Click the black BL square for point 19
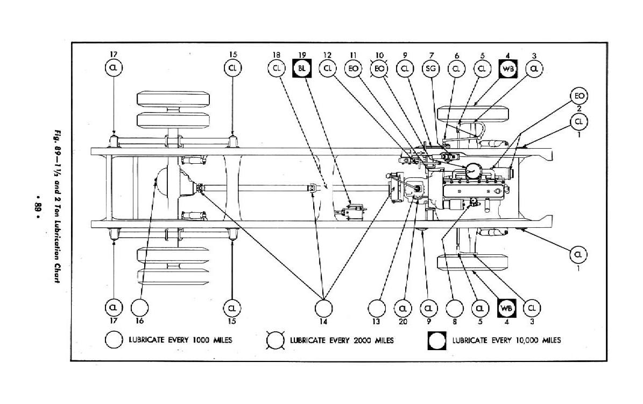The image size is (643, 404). [x=301, y=68]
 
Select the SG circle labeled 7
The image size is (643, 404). [x=430, y=68]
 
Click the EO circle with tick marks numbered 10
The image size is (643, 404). [x=379, y=68]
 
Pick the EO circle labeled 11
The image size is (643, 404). [x=354, y=68]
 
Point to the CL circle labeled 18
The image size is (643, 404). [x=276, y=68]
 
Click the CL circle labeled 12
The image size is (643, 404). [x=328, y=68]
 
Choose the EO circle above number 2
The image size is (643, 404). [x=579, y=96]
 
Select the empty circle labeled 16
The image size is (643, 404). [x=139, y=308]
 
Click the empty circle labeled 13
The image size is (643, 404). [x=376, y=308]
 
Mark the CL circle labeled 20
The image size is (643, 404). [x=403, y=308]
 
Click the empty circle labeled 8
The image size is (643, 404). [x=455, y=308]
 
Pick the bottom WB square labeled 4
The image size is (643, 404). [x=506, y=308]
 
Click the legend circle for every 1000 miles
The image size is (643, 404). [x=115, y=340]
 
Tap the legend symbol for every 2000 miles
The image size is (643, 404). [x=276, y=340]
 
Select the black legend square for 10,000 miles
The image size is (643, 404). [x=437, y=340]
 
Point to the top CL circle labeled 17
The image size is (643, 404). [x=114, y=68]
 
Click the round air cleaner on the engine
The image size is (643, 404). [x=474, y=170]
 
